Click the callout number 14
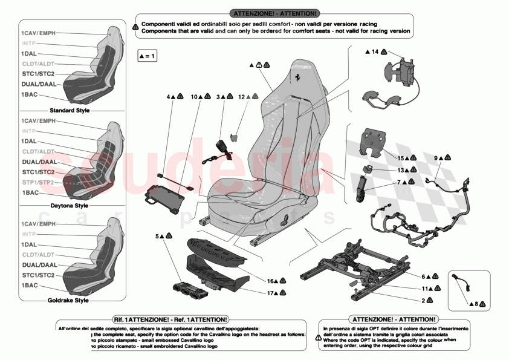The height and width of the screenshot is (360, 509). pos(375,53)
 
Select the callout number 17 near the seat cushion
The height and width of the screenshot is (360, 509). pos(271,293)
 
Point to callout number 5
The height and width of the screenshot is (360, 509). pos(158,236)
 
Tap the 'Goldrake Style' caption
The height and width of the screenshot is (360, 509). pos(68,300)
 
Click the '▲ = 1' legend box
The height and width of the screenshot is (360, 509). pos(148,56)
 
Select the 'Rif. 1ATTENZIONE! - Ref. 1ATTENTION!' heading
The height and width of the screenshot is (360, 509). pos(170,319)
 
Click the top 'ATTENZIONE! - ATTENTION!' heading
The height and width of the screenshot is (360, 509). pos(275,13)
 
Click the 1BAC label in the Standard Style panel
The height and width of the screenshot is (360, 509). pos(30,95)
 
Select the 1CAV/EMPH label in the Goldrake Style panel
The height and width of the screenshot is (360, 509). pos(38,224)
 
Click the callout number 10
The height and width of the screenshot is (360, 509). pos(194,97)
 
